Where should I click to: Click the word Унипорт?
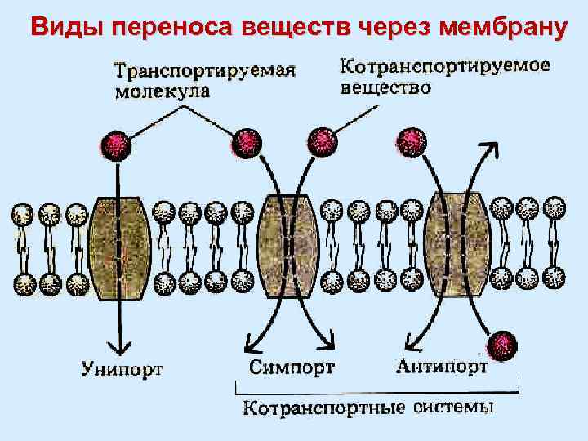[122, 369]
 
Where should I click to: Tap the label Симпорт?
[292, 367]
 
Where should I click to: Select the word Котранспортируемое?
[444, 65]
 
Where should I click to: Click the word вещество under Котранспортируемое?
[385, 87]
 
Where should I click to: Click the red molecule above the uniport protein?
[115, 144]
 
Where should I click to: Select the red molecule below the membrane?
[502, 344]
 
